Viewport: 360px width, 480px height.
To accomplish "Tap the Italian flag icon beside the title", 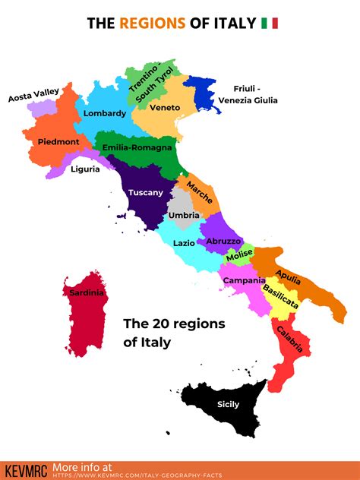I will [270, 24].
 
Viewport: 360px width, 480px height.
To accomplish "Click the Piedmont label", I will [58, 141].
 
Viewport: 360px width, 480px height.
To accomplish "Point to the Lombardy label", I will [105, 113].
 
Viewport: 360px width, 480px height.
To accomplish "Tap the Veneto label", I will [165, 108].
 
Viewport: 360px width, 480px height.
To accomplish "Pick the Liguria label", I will [85, 169].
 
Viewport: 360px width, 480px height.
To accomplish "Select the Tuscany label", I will [145, 192].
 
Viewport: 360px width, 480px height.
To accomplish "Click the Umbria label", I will [184, 216].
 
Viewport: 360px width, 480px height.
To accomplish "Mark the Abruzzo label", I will [223, 241].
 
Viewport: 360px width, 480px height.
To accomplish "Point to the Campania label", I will [243, 280].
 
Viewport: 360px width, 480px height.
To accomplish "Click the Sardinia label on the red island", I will [86, 293].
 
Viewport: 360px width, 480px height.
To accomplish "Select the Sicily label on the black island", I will [229, 404].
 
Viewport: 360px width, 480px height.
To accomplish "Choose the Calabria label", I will [289, 339].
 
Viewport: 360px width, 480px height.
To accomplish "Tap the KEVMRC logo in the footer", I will [24, 469].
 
